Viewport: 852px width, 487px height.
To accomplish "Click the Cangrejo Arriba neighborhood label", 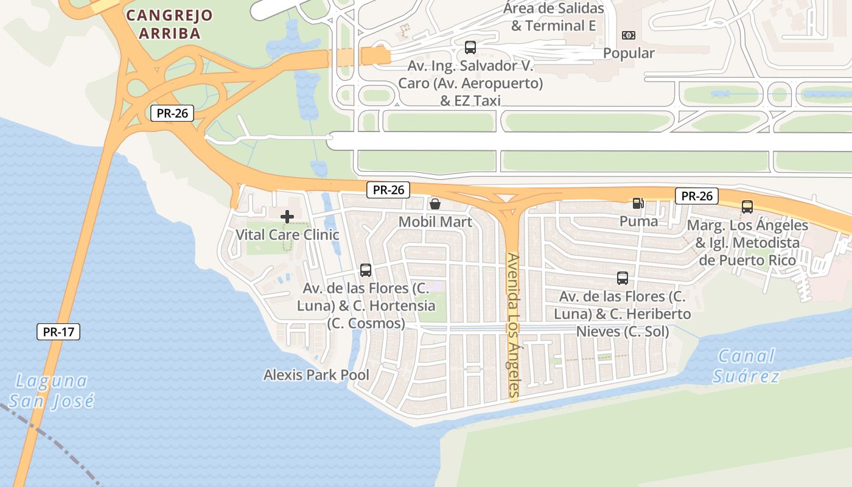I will (x=169, y=24).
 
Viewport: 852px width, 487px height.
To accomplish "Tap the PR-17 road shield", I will (x=58, y=332).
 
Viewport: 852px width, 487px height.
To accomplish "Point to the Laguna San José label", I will (x=52, y=391).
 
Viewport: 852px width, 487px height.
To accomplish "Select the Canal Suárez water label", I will (x=746, y=365).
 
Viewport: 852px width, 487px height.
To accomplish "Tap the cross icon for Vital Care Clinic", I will (x=287, y=216).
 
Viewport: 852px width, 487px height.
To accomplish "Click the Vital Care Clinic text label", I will (x=287, y=234).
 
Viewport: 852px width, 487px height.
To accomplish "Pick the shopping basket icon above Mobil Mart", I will (x=435, y=204).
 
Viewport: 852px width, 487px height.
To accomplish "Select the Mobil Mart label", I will (x=435, y=222).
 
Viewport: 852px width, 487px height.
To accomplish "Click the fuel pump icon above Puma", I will (x=638, y=203).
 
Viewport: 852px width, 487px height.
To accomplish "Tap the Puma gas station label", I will (x=638, y=221).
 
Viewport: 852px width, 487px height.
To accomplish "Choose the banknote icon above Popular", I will (x=629, y=35).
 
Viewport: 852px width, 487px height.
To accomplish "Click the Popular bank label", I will (x=629, y=53).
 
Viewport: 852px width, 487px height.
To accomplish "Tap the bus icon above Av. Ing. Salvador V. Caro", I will (x=470, y=47).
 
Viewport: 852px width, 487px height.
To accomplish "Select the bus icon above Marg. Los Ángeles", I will (x=747, y=207).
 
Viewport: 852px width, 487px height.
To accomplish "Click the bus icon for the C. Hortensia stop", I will (x=366, y=270).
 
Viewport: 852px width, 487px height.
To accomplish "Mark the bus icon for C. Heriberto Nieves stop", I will (x=623, y=278).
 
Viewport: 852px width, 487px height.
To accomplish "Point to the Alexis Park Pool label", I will (x=316, y=375).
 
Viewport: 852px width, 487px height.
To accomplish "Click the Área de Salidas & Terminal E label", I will (x=553, y=17).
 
